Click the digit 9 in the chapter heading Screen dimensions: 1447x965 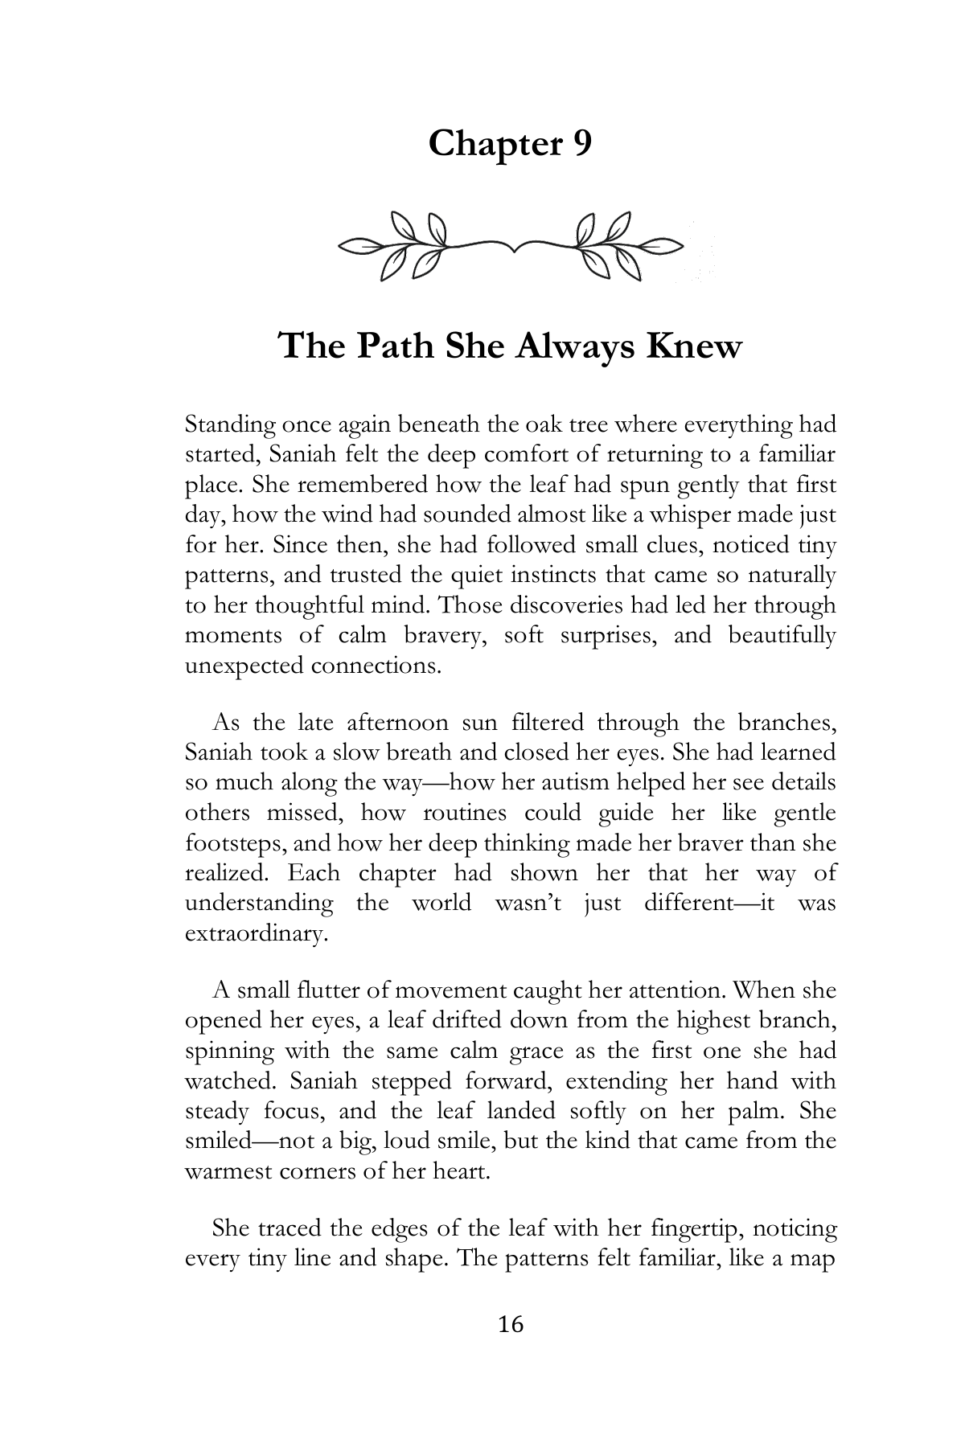(x=581, y=144)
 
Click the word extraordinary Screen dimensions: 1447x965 (x=255, y=934)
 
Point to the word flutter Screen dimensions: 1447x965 (x=328, y=990)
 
